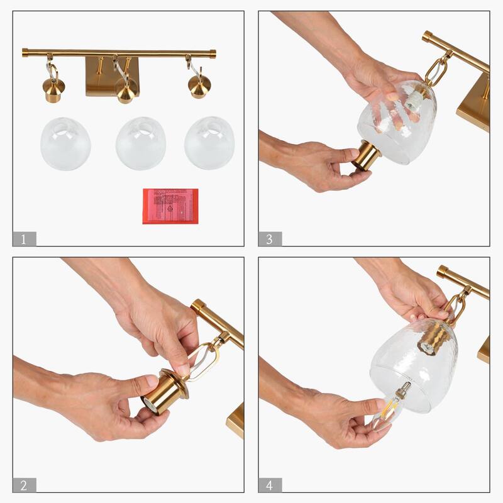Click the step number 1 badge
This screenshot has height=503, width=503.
tap(24, 239)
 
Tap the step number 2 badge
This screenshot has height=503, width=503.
tap(24, 485)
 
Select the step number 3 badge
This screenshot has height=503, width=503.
tap(270, 239)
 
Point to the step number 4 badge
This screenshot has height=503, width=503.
tap(270, 485)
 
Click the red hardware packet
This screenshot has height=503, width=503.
tap(170, 206)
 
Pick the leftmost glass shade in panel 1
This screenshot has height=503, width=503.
tap(65, 143)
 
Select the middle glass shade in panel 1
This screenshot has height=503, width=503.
tap(140, 143)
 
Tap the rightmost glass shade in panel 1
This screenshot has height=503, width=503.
tap(209, 143)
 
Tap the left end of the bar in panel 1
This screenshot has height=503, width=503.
tap(25, 52)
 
